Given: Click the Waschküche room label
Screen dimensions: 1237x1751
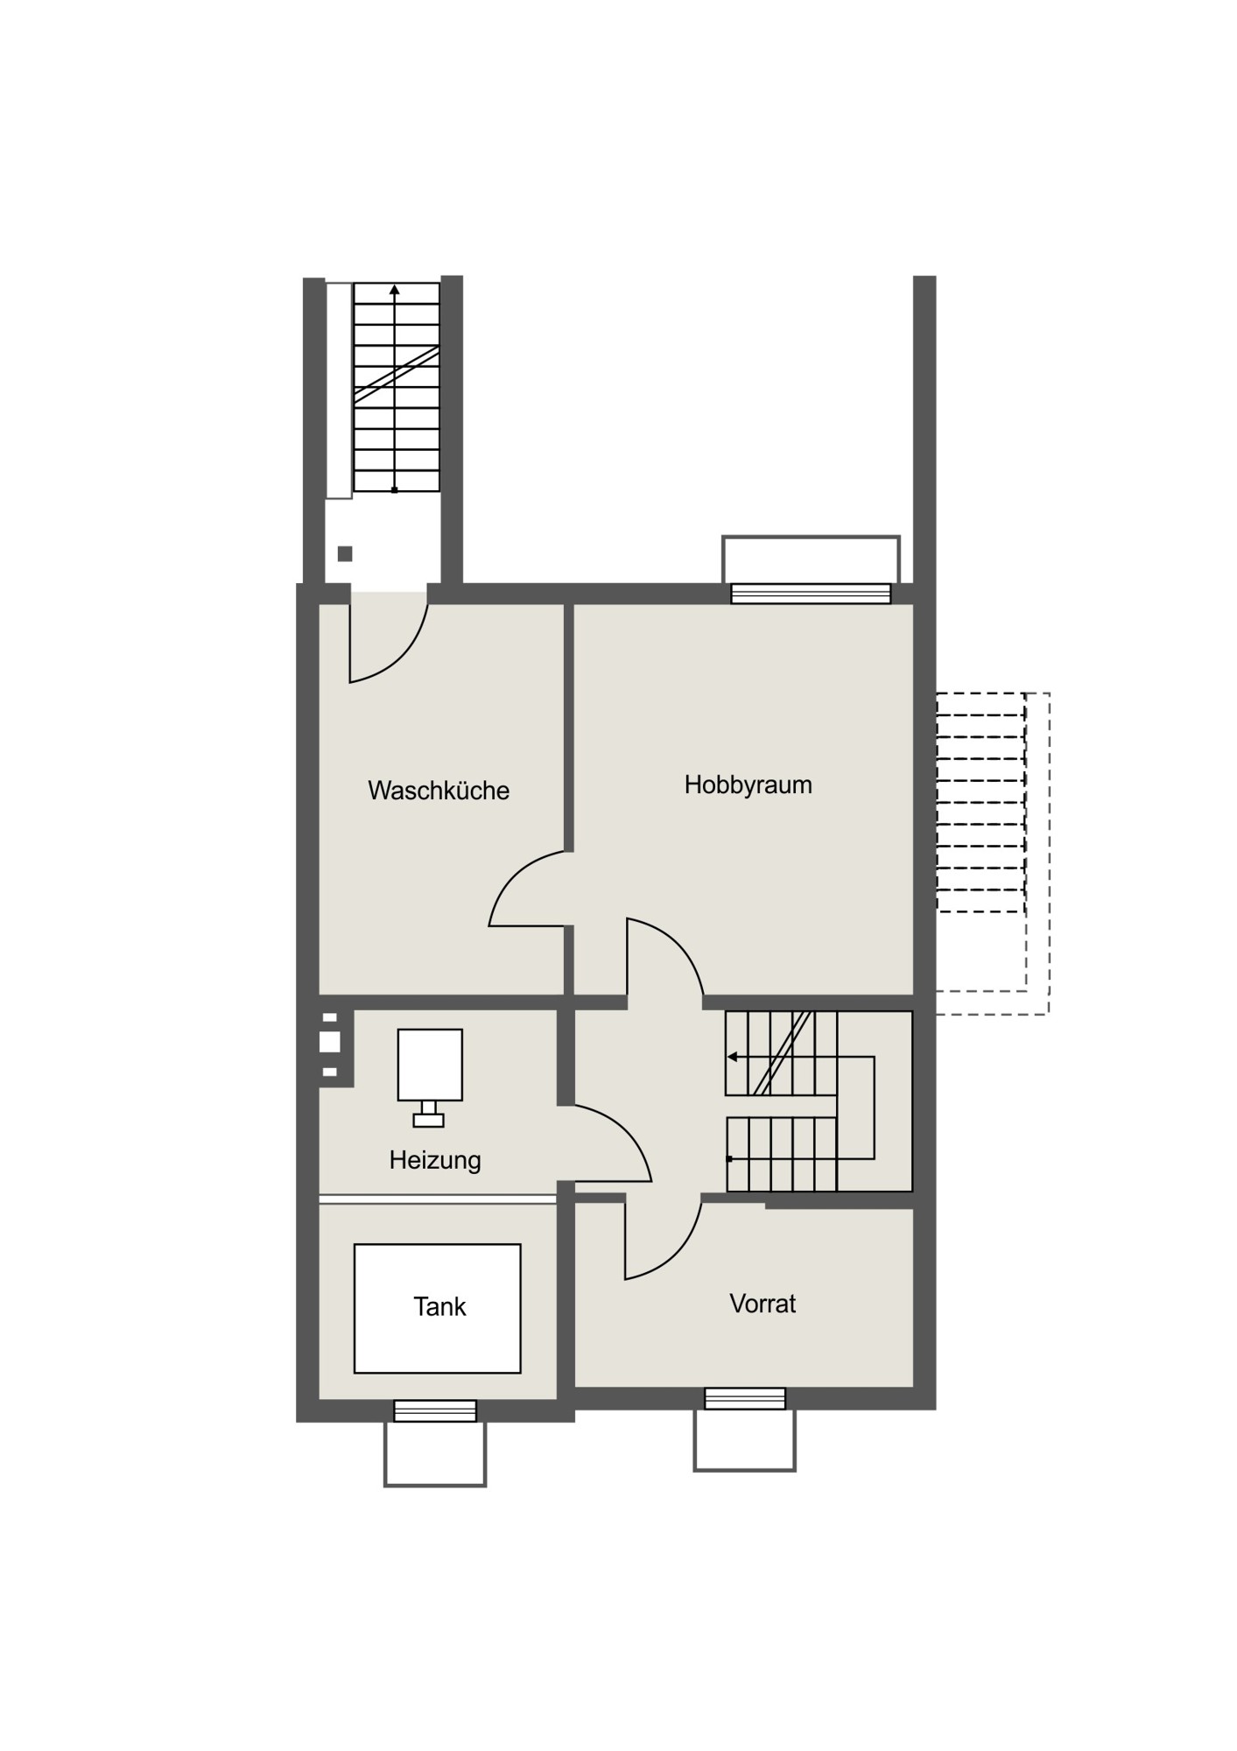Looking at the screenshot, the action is click(x=439, y=791).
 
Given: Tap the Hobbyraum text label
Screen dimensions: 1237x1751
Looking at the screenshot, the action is click(x=749, y=785).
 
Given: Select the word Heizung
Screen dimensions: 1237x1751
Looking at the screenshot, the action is click(x=435, y=1161).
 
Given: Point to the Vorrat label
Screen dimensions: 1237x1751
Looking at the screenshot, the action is click(x=763, y=1304).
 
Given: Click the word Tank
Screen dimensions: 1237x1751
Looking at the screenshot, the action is click(x=439, y=1307).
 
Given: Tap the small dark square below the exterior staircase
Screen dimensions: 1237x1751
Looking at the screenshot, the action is click(x=345, y=553).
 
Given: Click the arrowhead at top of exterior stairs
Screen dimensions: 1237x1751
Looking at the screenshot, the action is click(x=395, y=290).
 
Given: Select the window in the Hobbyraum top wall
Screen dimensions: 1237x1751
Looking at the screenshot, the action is click(x=811, y=594).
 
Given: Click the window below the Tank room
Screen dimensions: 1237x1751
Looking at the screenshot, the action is click(x=435, y=1410).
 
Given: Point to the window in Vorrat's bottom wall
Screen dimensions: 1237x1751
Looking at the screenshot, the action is click(x=745, y=1398).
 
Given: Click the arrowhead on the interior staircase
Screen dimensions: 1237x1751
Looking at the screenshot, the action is click(x=732, y=1057).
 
